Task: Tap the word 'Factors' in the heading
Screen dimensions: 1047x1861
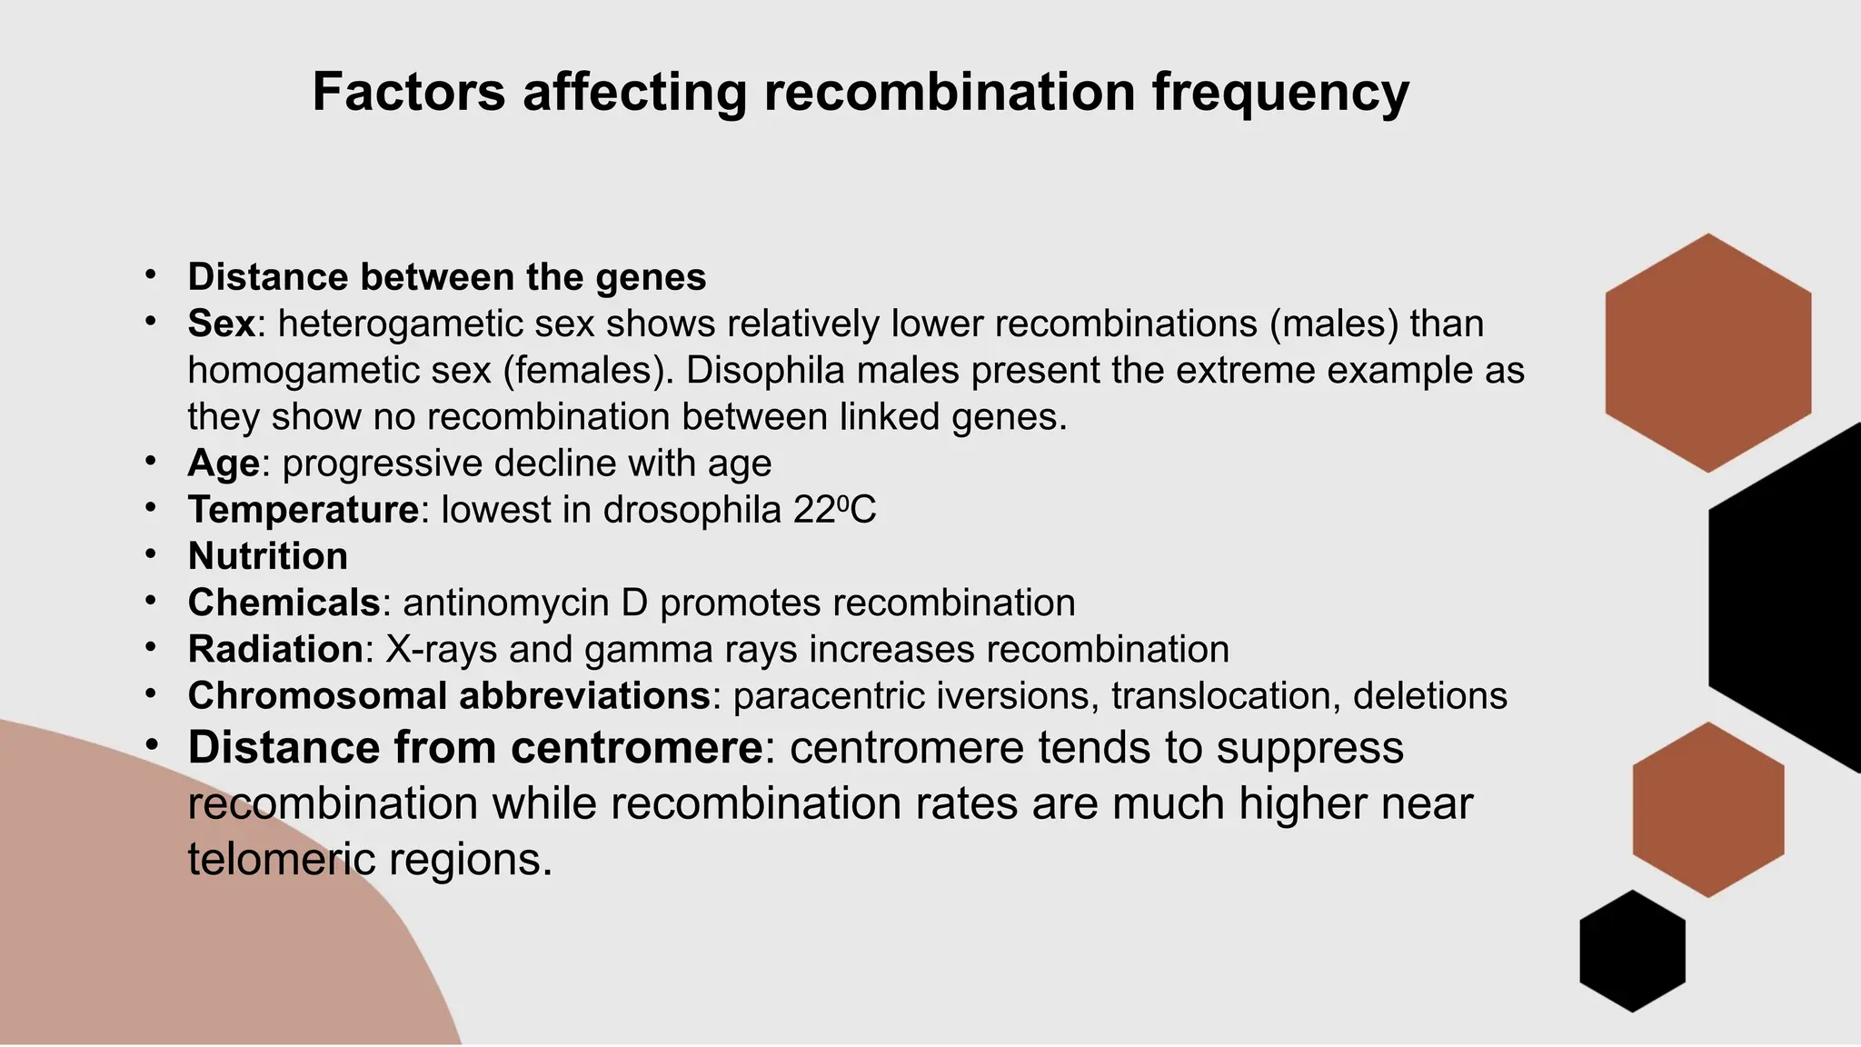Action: pos(408,93)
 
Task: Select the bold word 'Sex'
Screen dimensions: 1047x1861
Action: pos(221,324)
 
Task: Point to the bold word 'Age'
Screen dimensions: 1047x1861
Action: pos(224,464)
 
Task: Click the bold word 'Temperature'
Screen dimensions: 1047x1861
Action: pos(304,510)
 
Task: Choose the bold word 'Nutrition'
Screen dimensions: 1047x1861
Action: pos(268,556)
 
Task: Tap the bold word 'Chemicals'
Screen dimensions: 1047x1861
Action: pos(284,603)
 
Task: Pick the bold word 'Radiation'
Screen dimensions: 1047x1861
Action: pos(275,649)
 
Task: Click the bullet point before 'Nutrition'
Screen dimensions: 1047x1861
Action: pos(151,553)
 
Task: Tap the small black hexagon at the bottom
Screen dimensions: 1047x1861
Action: pos(1632,951)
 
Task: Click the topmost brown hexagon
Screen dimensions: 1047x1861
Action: pos(1707,353)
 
